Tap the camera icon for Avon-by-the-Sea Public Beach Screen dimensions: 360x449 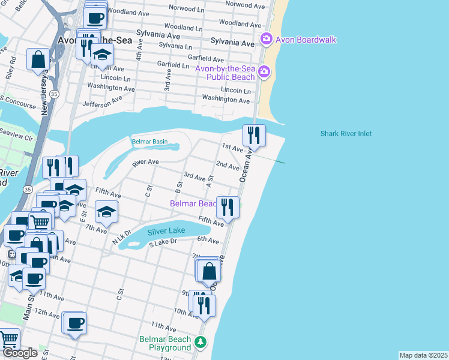click(x=264, y=73)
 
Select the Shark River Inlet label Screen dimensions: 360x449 click(x=346, y=134)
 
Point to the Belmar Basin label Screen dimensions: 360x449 click(x=149, y=142)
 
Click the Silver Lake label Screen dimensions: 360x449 click(x=166, y=230)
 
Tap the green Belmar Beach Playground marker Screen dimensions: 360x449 click(x=201, y=343)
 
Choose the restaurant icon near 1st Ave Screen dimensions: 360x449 click(x=254, y=136)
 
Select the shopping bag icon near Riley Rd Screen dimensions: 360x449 click(x=38, y=59)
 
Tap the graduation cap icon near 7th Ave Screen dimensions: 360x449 click(x=106, y=212)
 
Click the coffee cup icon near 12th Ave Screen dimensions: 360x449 click(x=76, y=323)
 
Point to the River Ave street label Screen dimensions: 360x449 click(x=145, y=162)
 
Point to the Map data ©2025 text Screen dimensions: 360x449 click(x=423, y=355)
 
